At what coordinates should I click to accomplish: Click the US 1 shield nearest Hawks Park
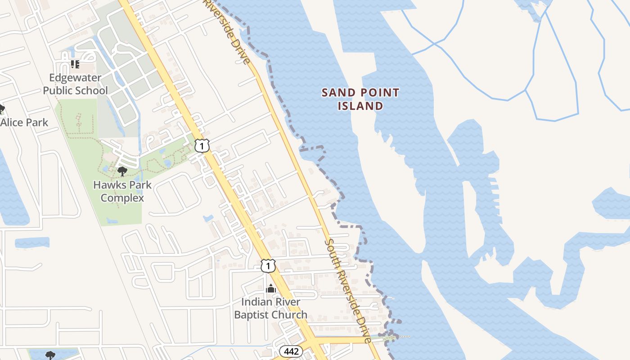(202, 146)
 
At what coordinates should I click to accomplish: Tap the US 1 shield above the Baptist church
(268, 266)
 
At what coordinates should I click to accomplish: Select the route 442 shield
(291, 351)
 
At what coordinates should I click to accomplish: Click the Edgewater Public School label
(76, 84)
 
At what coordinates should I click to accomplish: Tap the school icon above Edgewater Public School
(75, 64)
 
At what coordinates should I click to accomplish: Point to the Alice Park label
(24, 122)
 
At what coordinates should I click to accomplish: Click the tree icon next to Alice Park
(1, 109)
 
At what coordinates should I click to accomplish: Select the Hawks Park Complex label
(122, 191)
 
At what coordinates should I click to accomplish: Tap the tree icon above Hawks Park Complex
(122, 171)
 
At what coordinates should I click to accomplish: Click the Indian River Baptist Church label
(271, 308)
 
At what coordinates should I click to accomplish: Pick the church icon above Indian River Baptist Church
(271, 288)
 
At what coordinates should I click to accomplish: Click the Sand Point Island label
(360, 99)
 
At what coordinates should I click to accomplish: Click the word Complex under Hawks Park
(122, 198)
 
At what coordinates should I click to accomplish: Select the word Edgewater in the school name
(76, 77)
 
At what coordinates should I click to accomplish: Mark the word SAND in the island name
(337, 93)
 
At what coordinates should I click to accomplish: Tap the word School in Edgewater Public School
(92, 90)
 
